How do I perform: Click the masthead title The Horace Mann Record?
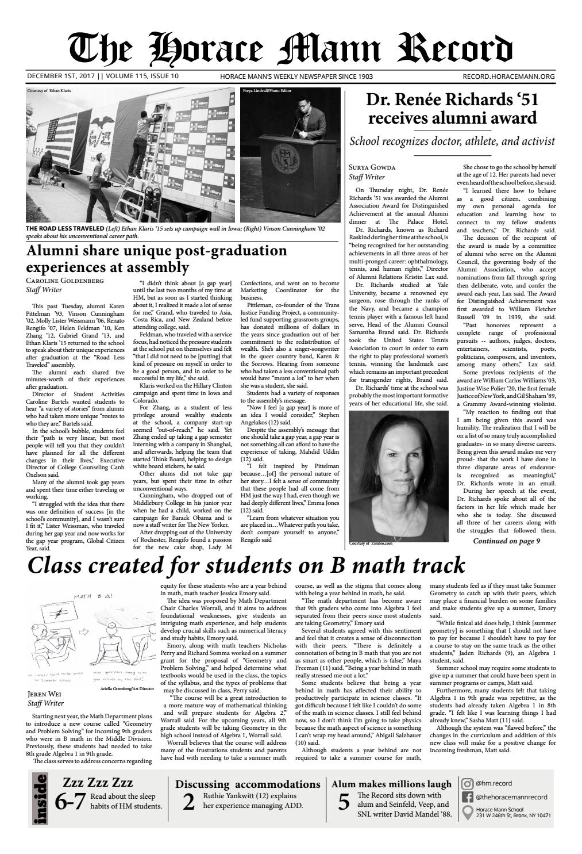(x=290, y=48)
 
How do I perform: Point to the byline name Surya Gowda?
(x=372, y=167)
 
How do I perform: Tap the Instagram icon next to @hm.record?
(x=467, y=783)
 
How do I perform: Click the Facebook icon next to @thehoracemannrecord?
(x=467, y=797)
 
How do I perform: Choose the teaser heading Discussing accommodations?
(x=248, y=784)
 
